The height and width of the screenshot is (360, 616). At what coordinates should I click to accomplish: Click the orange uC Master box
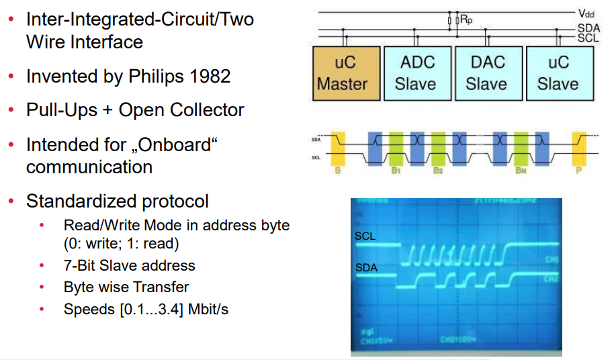pyautogui.click(x=343, y=73)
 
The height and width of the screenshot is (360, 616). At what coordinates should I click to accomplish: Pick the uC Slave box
pyautogui.click(x=558, y=73)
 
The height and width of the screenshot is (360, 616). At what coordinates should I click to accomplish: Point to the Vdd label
pyautogui.click(x=586, y=13)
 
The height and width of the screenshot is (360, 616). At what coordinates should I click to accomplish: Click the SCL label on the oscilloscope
pyautogui.click(x=365, y=236)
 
